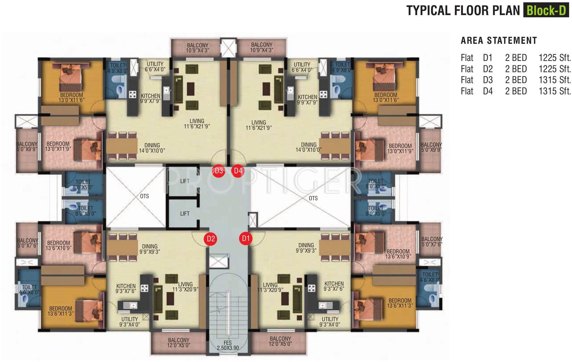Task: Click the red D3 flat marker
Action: click(x=219, y=171)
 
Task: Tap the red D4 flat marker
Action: click(x=238, y=171)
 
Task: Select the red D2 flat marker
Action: click(x=210, y=239)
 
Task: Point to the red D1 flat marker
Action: click(x=246, y=238)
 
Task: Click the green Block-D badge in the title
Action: click(x=546, y=10)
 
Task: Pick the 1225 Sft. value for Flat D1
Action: click(x=555, y=58)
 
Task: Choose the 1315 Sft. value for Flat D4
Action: click(x=555, y=91)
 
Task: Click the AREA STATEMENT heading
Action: click(x=499, y=41)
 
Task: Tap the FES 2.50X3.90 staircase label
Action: click(x=228, y=345)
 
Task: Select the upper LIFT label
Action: click(x=185, y=181)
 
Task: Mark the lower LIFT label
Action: click(x=185, y=214)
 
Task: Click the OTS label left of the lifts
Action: click(x=145, y=196)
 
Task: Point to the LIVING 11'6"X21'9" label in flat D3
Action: click(x=197, y=124)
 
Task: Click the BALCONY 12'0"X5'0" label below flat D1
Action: click(x=281, y=341)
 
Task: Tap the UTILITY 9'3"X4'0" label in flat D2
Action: click(x=129, y=321)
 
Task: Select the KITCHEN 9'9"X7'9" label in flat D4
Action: click(x=307, y=100)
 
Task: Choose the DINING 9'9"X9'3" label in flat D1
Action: click(x=306, y=248)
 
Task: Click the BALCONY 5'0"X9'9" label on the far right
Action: click(x=431, y=147)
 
